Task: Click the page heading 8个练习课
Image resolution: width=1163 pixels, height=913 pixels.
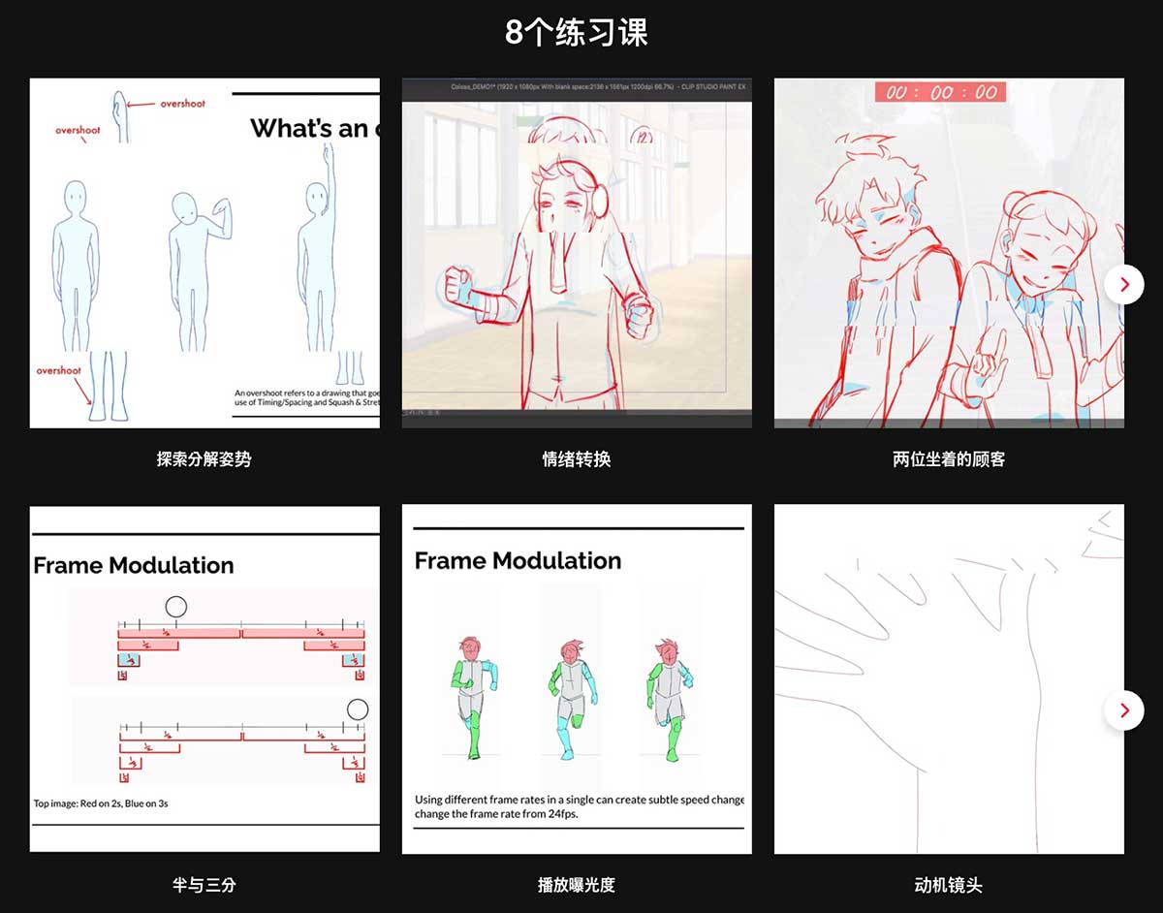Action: tap(576, 33)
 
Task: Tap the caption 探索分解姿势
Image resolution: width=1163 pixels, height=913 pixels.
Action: tap(204, 458)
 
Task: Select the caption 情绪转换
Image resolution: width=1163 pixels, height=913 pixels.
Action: tap(576, 458)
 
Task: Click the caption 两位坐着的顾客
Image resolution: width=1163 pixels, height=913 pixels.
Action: tap(948, 458)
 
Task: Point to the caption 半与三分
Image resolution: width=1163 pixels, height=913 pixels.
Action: tap(204, 884)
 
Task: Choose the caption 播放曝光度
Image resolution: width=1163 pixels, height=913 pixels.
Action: tap(576, 884)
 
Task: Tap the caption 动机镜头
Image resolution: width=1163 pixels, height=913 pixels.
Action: tap(948, 884)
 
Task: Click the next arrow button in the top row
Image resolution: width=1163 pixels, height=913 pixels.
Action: tap(1124, 284)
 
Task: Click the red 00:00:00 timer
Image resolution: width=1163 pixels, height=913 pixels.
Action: tap(940, 92)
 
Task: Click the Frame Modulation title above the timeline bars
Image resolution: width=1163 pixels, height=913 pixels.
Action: tap(134, 565)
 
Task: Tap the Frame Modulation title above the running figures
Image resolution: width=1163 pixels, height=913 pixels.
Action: tap(518, 560)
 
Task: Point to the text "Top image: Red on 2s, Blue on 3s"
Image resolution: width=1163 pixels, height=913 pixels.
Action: tap(101, 803)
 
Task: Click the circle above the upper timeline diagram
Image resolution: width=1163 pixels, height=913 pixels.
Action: tap(175, 607)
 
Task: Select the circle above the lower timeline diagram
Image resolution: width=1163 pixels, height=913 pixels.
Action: tap(358, 708)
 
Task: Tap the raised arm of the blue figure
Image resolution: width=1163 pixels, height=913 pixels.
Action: tap(329, 165)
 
